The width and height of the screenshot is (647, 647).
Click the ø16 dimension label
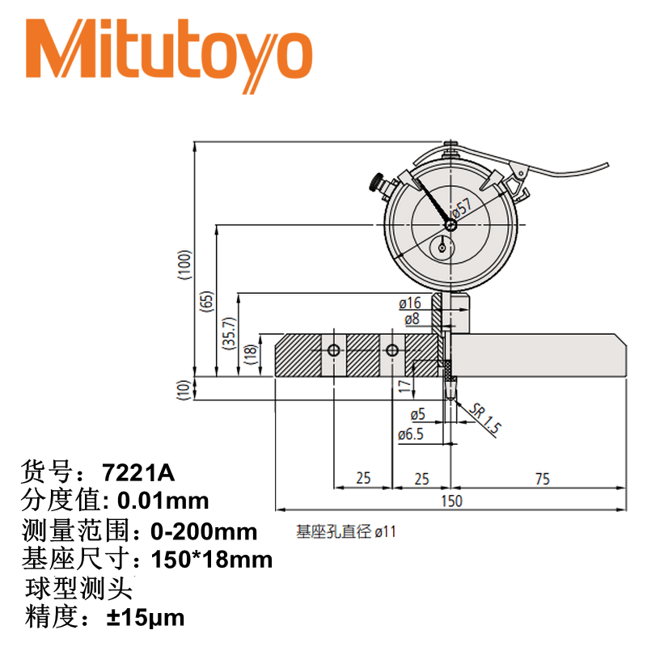tap(409, 303)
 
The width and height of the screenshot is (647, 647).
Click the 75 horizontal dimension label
tap(541, 480)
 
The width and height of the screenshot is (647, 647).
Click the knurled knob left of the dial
tap(377, 184)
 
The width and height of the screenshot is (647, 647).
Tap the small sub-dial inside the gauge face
tap(443, 246)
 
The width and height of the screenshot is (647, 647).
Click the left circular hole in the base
tap(334, 350)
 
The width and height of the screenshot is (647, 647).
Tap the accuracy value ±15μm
tap(146, 619)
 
